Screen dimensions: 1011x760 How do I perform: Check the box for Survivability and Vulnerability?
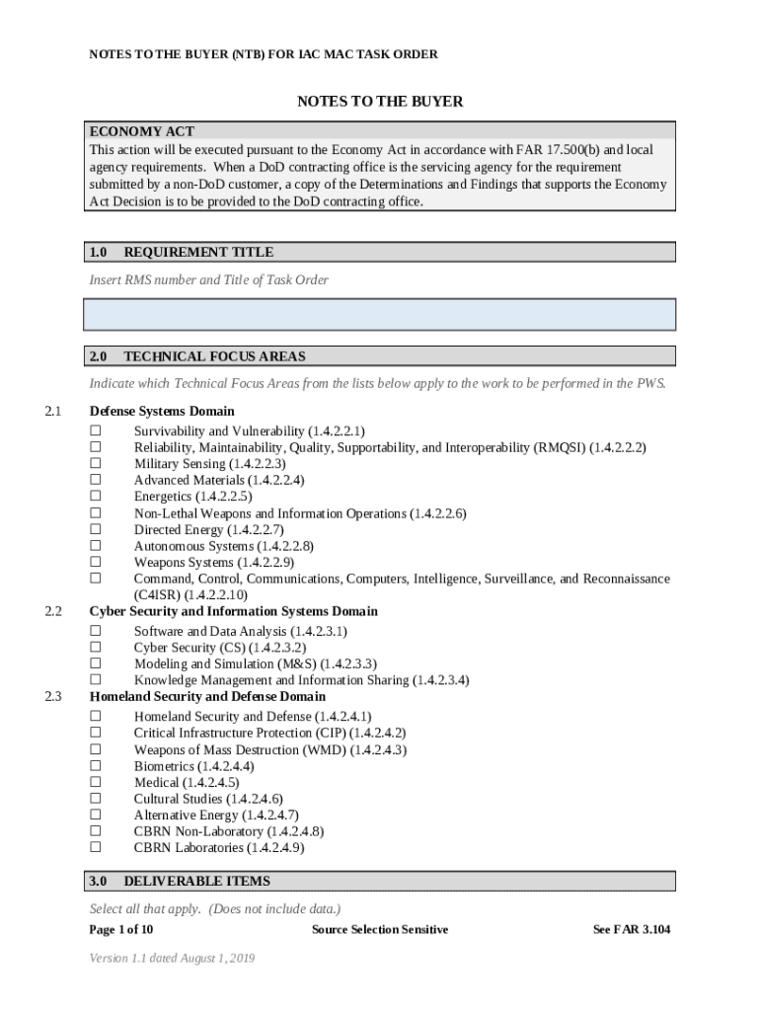[x=96, y=431]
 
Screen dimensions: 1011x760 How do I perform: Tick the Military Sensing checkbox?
[x=96, y=464]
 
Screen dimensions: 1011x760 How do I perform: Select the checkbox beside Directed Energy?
[x=96, y=529]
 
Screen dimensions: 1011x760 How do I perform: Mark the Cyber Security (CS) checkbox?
[x=96, y=648]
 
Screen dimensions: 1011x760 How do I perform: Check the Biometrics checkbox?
[x=96, y=765]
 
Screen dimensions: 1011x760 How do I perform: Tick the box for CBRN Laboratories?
[x=96, y=847]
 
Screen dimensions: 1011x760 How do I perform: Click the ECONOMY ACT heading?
[x=142, y=131]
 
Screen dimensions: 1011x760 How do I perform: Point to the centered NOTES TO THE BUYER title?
[x=380, y=102]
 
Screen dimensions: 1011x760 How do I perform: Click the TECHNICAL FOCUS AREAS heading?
[x=214, y=356]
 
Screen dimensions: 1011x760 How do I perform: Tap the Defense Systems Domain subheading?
[x=162, y=411]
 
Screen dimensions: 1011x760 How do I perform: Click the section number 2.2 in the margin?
[x=53, y=611]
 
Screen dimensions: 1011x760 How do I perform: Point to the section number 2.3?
[x=53, y=697]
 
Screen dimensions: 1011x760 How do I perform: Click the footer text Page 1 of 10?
[x=121, y=930]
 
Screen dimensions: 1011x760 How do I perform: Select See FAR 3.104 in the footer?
[x=631, y=930]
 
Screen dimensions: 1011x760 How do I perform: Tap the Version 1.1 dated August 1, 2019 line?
[x=173, y=958]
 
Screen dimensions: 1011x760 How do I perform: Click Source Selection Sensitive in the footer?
[x=380, y=930]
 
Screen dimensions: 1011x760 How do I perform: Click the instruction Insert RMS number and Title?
[x=209, y=280]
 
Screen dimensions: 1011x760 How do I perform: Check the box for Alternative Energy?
[x=96, y=815]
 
